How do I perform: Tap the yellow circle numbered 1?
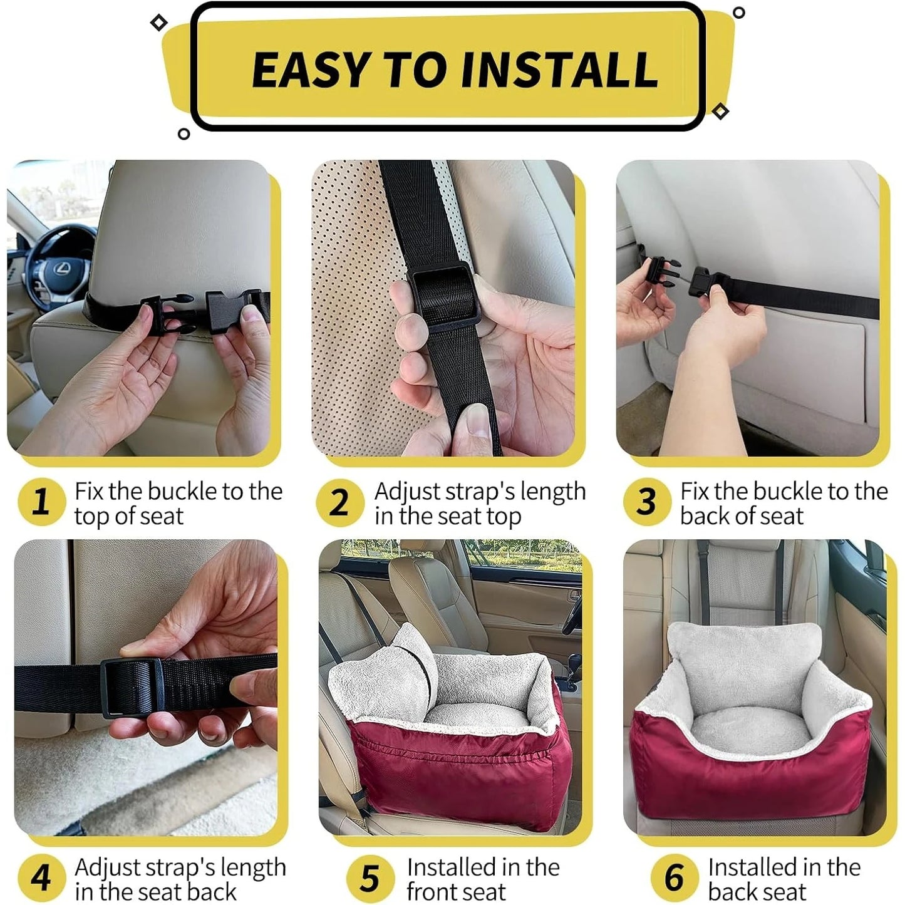point(41,502)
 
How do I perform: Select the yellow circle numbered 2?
point(339,502)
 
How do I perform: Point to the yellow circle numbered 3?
point(646,502)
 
